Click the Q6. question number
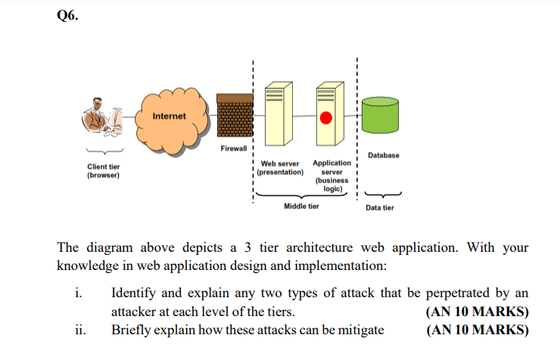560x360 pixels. point(67,15)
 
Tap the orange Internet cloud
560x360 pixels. point(172,120)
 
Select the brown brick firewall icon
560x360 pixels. point(235,115)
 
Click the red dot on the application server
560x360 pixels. point(325,118)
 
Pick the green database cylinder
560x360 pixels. point(380,115)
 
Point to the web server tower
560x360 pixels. point(278,113)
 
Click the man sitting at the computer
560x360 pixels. point(102,116)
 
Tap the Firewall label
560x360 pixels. point(234,148)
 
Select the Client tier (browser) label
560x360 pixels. point(104,171)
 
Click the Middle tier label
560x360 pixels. point(301,206)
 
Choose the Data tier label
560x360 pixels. point(380,208)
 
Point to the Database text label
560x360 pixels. point(384,155)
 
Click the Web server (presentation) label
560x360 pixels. point(280,168)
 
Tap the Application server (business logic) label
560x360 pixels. point(331,176)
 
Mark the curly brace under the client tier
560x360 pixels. point(104,151)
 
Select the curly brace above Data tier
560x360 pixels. point(383,195)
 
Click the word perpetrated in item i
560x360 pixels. point(458,293)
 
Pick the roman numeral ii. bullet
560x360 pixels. point(80,330)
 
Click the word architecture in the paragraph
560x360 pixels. point(319,247)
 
